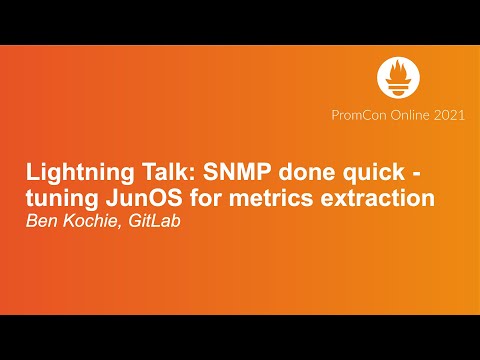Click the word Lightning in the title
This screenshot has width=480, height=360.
pos(70,172)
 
